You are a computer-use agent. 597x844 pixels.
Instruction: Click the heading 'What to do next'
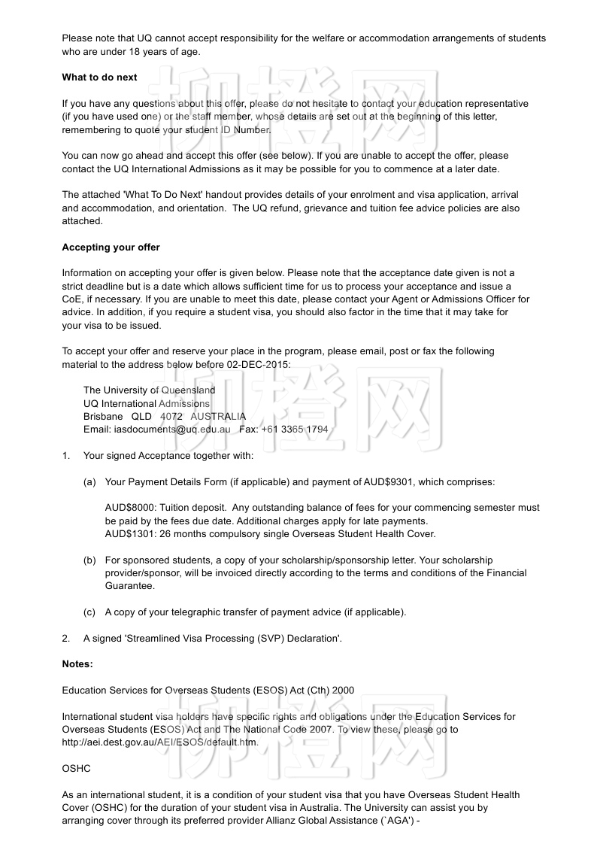click(99, 77)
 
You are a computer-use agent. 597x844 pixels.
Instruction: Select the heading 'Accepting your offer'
click(111, 247)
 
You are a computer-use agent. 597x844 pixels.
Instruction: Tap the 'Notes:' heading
click(77, 664)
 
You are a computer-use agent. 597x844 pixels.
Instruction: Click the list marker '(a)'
click(89, 482)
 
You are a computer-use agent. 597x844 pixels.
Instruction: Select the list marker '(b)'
click(89, 560)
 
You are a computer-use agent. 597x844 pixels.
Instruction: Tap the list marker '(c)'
click(89, 612)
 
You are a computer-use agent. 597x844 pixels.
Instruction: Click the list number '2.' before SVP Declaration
click(66, 639)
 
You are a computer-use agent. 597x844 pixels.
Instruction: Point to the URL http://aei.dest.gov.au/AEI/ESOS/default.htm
click(160, 742)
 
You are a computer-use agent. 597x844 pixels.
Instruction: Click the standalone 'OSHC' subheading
click(75, 769)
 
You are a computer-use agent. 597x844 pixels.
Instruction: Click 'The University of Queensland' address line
click(149, 390)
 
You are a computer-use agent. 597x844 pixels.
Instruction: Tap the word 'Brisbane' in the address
click(103, 416)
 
